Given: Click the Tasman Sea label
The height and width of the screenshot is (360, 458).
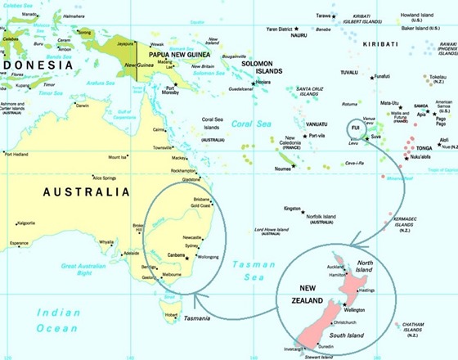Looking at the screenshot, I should pyautogui.click(x=246, y=269).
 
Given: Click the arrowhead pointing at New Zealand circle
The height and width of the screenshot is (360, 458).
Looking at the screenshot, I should pyautogui.click(x=348, y=243).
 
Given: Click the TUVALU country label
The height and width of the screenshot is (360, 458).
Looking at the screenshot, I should pyautogui.click(x=372, y=72).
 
